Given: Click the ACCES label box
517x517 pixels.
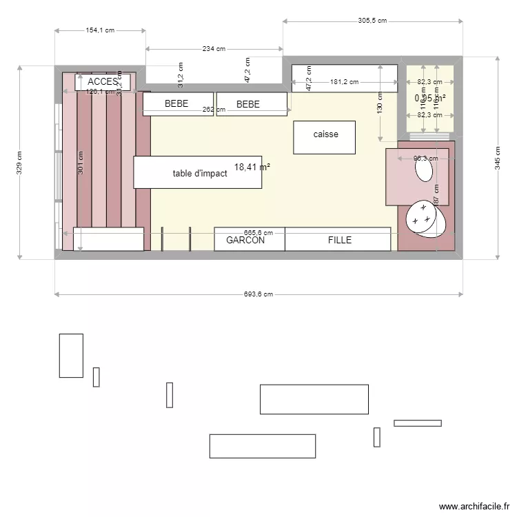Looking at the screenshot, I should [103, 81].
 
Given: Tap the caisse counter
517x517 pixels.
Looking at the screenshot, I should [325, 137].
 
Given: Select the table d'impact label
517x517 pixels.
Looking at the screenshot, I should [200, 174].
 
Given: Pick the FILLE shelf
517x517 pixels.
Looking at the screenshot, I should [338, 240].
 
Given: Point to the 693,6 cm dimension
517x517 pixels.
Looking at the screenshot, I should [258, 294].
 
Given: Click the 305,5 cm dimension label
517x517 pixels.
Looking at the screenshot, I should [373, 21].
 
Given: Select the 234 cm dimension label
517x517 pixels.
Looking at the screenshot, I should [214, 49].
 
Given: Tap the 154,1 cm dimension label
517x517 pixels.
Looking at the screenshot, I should [100, 30].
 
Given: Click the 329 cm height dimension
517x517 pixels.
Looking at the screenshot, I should [20, 163].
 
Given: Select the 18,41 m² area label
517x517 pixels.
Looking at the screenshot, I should [252, 167].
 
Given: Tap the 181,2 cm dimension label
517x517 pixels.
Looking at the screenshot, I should [345, 82].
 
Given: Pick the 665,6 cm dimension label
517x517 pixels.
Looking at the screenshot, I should [258, 233].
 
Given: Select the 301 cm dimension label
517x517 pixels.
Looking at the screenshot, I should [81, 163].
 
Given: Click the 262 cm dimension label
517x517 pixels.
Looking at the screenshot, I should [214, 110].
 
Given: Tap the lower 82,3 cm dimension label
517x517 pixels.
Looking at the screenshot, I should [430, 115].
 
